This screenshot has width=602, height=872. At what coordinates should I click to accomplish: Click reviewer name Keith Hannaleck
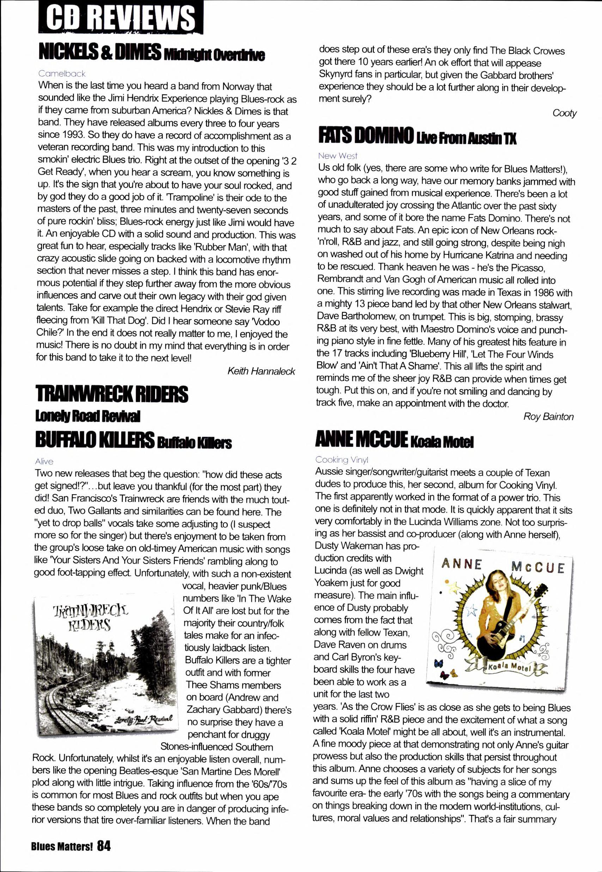point(261,371)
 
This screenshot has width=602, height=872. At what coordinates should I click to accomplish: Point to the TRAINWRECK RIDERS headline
point(112,394)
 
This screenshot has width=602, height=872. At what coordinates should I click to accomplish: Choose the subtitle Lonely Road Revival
point(87,417)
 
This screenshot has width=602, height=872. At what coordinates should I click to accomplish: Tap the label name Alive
point(44,461)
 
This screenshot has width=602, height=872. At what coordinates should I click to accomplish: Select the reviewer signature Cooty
point(564,113)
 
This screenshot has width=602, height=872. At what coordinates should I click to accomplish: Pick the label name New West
point(337,156)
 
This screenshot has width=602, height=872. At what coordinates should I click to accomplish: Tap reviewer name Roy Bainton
point(548,417)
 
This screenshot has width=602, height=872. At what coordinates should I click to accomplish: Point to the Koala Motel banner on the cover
point(509,667)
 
